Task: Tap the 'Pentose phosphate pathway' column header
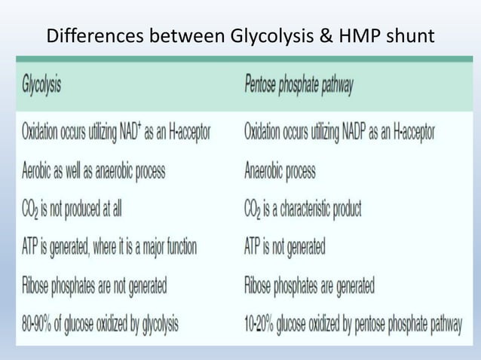299,84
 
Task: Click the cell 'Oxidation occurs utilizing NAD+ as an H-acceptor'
116,133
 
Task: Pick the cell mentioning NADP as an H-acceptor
339,133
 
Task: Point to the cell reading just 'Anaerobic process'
280,171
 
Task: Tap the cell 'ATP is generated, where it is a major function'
110,247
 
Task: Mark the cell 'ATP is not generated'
284,247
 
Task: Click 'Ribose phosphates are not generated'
95,286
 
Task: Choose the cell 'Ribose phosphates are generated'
309,286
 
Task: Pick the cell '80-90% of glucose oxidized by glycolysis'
100,325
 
